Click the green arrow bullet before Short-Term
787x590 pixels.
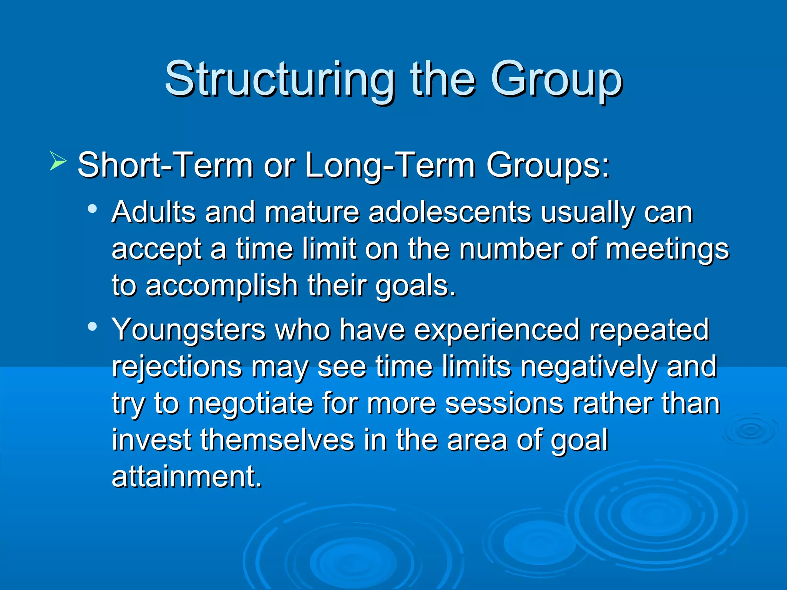(58, 161)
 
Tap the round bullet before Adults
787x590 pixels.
(92, 209)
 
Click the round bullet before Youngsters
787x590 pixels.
(92, 327)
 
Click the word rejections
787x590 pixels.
(177, 367)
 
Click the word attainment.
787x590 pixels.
(187, 477)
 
